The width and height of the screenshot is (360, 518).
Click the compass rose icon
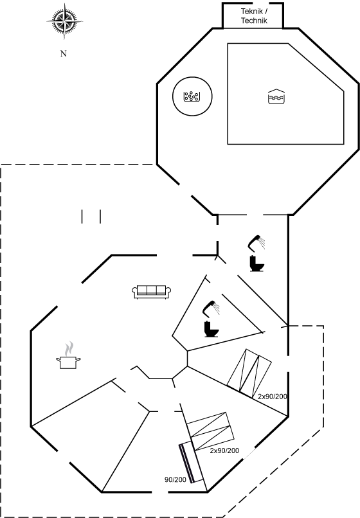pyautogui.click(x=64, y=21)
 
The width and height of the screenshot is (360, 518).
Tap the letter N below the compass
pyautogui.click(x=64, y=53)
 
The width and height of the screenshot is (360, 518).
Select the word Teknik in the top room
pyautogui.click(x=252, y=11)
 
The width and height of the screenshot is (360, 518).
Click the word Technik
pyautogui.click(x=254, y=21)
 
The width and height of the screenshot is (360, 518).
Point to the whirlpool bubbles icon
pyautogui.click(x=192, y=96)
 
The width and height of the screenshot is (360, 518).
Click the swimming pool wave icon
pyautogui.click(x=276, y=96)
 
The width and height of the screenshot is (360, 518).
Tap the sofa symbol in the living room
pyautogui.click(x=152, y=292)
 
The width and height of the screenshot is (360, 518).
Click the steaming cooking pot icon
pyautogui.click(x=68, y=355)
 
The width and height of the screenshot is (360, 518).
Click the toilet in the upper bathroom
pyautogui.click(x=256, y=263)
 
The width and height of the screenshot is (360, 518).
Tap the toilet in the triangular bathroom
pyautogui.click(x=212, y=329)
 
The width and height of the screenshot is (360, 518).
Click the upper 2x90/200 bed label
pyautogui.click(x=273, y=397)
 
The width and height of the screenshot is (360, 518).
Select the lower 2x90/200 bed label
pyautogui.click(x=224, y=451)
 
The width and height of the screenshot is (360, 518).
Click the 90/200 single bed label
pyautogui.click(x=175, y=479)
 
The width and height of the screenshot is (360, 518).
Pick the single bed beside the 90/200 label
pyautogui.click(x=191, y=463)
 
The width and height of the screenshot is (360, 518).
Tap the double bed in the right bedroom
pyautogui.click(x=249, y=373)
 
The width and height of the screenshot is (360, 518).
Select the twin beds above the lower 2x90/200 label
pyautogui.click(x=211, y=431)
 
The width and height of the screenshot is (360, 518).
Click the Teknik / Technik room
pyautogui.click(x=253, y=15)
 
